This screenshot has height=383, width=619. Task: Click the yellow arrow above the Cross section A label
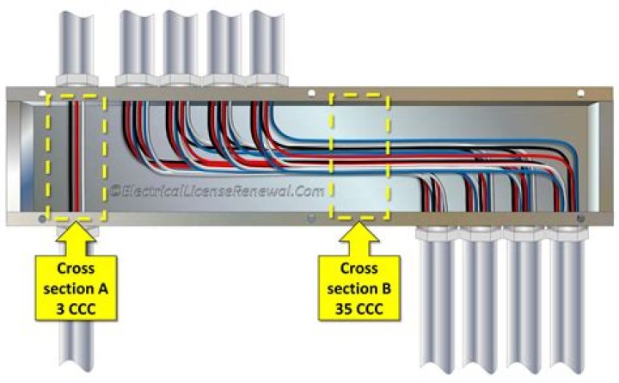(x=77, y=234)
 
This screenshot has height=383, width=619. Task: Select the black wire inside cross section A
(x=65, y=155)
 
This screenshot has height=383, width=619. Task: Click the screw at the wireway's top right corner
(x=580, y=93)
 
